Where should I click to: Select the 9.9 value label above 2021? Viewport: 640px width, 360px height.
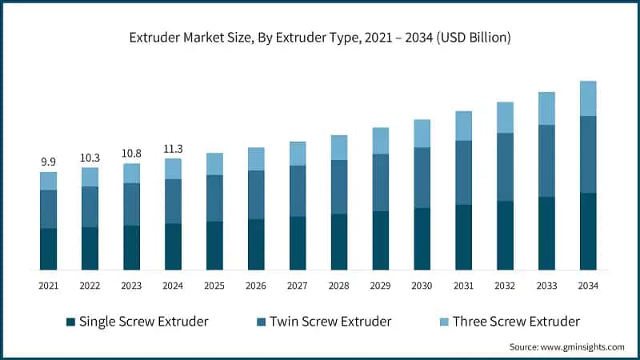tap(48, 162)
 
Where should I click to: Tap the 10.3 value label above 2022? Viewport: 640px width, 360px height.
tap(90, 158)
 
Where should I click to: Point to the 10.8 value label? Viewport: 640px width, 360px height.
tap(131, 154)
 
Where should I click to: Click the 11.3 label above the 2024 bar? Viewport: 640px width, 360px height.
tap(173, 149)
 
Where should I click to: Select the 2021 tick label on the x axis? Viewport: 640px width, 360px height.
tap(48, 286)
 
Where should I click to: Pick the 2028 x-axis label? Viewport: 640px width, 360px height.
tap(339, 286)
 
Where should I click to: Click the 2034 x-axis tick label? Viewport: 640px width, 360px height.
tap(588, 286)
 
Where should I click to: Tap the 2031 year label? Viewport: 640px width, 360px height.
tap(464, 286)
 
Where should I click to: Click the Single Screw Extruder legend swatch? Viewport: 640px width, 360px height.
tap(70, 322)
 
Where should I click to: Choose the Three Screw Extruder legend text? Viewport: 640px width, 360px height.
tap(516, 322)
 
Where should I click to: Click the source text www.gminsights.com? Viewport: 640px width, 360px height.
tap(566, 346)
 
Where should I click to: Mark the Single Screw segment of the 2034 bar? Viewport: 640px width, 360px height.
tap(588, 231)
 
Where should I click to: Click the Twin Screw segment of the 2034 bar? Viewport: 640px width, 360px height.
tap(588, 154)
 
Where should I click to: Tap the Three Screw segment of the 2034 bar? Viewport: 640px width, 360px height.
tap(588, 98)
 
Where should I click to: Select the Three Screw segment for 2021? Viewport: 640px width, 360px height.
tap(48, 181)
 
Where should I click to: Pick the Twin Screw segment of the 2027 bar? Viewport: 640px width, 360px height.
tap(298, 191)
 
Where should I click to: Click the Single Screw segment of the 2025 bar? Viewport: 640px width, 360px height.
tap(214, 246)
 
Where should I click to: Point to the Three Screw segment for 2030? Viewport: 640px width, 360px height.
tap(422, 134)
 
